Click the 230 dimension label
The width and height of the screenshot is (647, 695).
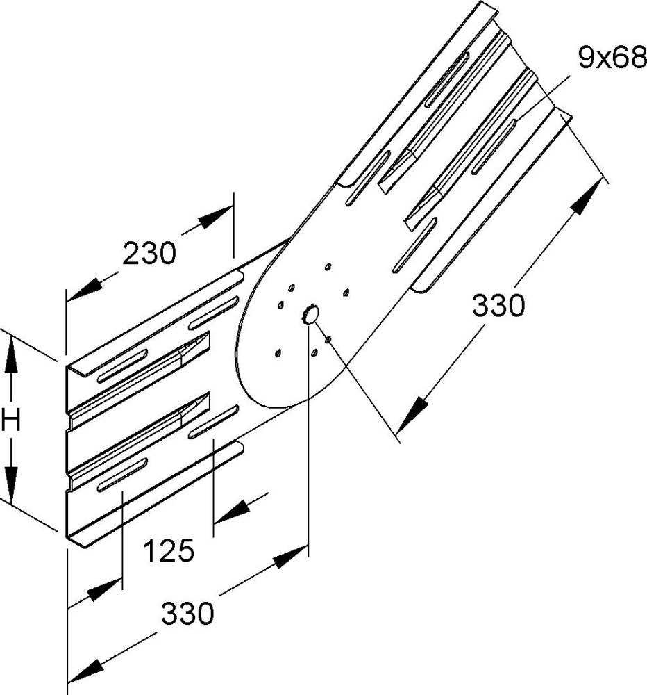149,254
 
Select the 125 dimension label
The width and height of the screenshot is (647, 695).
169,550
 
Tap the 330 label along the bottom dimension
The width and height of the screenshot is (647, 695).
187,614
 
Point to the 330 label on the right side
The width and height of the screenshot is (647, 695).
498,305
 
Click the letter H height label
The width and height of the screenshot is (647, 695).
11,420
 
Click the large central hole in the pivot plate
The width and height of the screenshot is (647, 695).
310,314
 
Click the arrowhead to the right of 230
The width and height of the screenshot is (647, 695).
215,217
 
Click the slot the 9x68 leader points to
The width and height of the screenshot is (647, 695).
493,146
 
